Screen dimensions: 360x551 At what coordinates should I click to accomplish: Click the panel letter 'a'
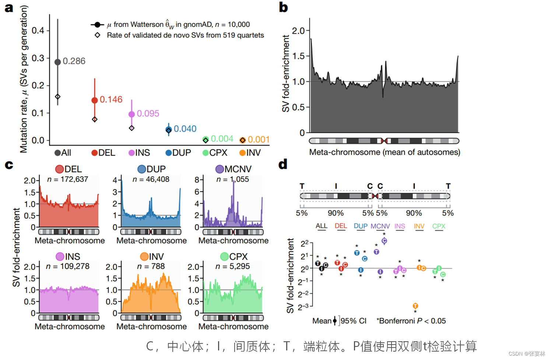pos(8,8)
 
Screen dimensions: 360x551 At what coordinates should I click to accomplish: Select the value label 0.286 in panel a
pos(74,61)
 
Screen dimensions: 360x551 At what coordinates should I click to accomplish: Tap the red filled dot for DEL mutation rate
pos(95,100)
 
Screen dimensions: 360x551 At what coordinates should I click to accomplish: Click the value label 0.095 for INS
pos(148,113)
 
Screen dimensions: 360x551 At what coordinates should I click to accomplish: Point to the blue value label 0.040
pos(185,129)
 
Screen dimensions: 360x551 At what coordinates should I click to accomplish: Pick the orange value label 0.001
pos(259,140)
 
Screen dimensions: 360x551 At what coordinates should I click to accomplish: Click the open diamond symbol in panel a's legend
pos(98,35)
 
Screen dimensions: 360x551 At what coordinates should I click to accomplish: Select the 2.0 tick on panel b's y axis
pos(298,31)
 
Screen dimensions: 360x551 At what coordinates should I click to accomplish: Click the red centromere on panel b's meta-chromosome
pos(384,141)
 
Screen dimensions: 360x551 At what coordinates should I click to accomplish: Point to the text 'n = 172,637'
pos(68,179)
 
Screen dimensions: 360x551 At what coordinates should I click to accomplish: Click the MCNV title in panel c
pos(238,169)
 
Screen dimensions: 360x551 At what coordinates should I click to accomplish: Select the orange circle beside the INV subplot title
pos(144,256)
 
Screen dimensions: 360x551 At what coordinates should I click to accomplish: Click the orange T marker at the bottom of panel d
pos(415,306)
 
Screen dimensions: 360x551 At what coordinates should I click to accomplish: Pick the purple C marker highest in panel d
pos(384,241)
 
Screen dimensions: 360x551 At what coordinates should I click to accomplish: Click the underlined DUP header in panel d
pos(361,226)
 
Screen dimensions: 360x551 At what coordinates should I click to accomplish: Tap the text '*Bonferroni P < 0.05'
pos(411,321)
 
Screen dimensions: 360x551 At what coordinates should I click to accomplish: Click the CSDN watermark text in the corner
pos(526,354)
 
